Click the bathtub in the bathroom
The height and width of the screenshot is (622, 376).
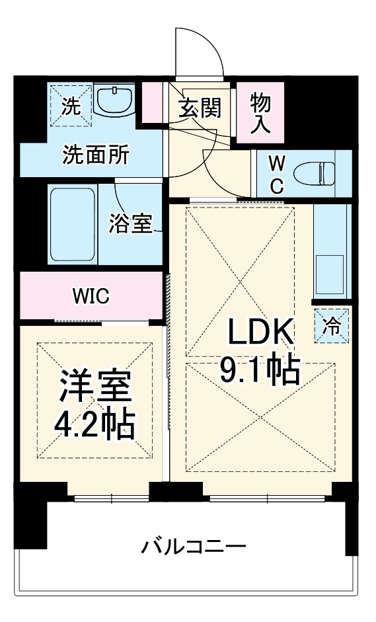pyautogui.click(x=73, y=224)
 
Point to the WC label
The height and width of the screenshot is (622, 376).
pyautogui.click(x=277, y=174)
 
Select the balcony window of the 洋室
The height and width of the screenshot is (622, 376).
pyautogui.click(x=110, y=497)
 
